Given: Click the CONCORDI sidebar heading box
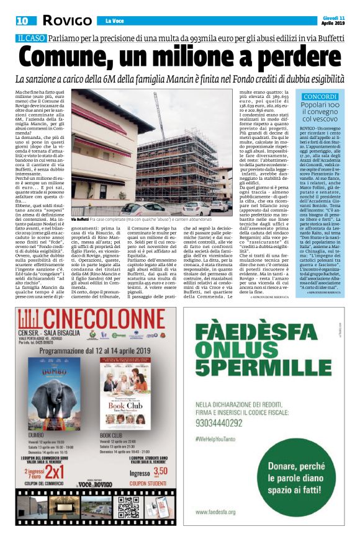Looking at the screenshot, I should coord(320,97).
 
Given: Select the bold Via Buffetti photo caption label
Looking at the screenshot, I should coord(79,220).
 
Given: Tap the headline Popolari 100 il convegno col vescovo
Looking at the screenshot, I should coord(320,112).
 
